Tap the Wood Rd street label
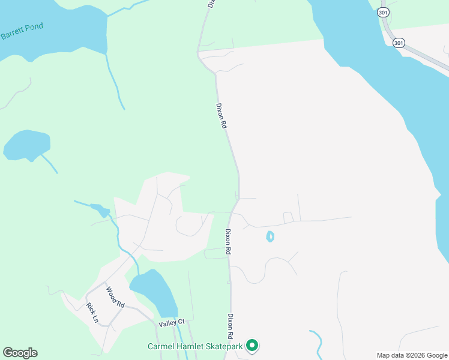tap(115, 297)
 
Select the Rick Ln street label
tap(92, 313)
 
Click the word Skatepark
tap(222, 346)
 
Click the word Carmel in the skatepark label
tap(162, 346)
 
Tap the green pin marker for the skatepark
tap(253, 345)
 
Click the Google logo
tap(20, 353)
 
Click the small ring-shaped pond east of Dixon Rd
tap(270, 236)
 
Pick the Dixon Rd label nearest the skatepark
tap(230, 325)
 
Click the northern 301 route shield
tap(384, 12)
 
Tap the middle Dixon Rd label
tap(228, 242)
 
